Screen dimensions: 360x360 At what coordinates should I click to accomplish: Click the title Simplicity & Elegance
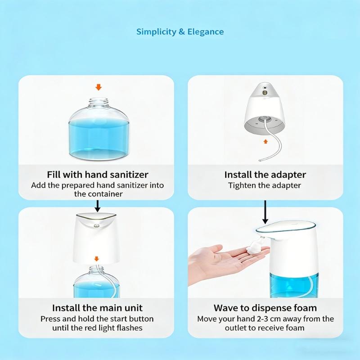(x=180, y=31)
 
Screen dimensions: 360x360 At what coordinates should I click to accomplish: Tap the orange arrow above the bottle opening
(x=99, y=87)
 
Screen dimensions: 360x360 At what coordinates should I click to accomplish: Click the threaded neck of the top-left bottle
(x=99, y=103)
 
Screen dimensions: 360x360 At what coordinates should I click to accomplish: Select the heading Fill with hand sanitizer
(x=98, y=175)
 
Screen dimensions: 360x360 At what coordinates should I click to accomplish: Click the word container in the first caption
(x=108, y=194)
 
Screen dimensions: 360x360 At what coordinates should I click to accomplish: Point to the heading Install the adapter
(x=265, y=175)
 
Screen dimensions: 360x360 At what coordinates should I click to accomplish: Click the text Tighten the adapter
(x=265, y=185)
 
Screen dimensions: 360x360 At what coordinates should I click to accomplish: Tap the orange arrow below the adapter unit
(x=265, y=141)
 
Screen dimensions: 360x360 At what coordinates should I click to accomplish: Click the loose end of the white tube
(x=260, y=161)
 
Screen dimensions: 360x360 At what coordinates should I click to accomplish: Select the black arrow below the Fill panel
(x=98, y=206)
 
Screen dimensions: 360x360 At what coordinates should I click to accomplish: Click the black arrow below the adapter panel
(x=265, y=212)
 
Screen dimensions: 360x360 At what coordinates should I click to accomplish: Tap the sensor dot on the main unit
(x=96, y=226)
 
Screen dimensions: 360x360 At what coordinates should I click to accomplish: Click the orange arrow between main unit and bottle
(x=97, y=259)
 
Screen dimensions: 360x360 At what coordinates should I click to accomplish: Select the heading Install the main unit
(x=97, y=308)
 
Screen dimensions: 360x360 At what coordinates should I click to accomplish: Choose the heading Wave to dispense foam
(x=265, y=308)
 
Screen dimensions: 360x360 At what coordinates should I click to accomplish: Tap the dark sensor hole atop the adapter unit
(x=265, y=88)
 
